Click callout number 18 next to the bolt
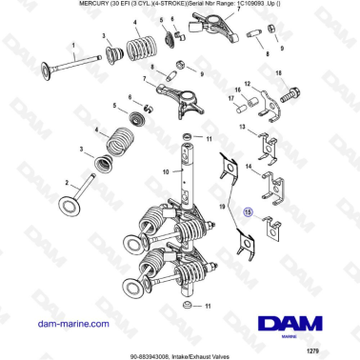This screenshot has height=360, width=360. pyautogui.click(x=278, y=73)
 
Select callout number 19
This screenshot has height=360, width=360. pyautogui.click(x=222, y=205)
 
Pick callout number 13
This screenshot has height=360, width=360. pyautogui.click(x=241, y=127)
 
